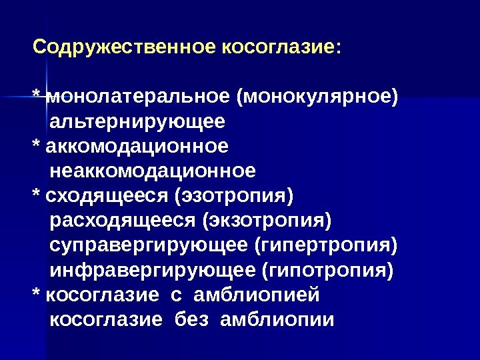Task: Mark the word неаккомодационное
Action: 153,171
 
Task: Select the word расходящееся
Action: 124,221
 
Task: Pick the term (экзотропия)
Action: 268,221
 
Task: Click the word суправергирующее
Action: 149,245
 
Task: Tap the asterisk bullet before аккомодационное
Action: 37,145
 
